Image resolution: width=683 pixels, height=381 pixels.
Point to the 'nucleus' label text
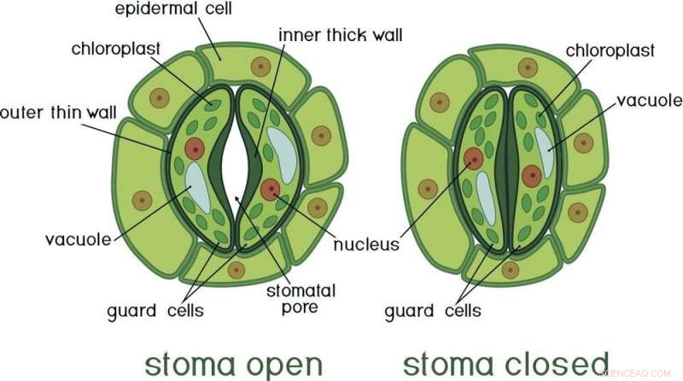366,245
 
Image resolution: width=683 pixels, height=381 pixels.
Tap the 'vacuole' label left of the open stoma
79,239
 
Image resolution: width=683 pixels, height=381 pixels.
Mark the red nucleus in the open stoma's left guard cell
196,149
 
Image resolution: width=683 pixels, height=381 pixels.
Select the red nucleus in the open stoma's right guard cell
271,190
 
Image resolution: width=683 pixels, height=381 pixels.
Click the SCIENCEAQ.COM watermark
639,373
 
